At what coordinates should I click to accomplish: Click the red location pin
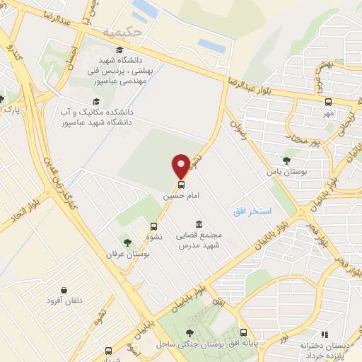coord(181,166)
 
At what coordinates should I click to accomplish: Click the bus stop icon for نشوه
coord(153,226)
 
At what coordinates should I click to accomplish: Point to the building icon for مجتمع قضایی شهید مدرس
coord(197,224)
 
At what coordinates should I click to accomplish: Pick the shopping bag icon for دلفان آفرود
coord(64,290)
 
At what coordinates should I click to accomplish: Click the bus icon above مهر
coord(327,102)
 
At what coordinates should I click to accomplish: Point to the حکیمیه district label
coord(117,32)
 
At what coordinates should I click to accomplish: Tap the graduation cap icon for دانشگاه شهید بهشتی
coord(119,49)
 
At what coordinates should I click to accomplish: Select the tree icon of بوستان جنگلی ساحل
coord(189,333)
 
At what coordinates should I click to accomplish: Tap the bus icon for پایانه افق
coord(243,332)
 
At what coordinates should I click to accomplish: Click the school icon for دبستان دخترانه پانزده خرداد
coord(325,334)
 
